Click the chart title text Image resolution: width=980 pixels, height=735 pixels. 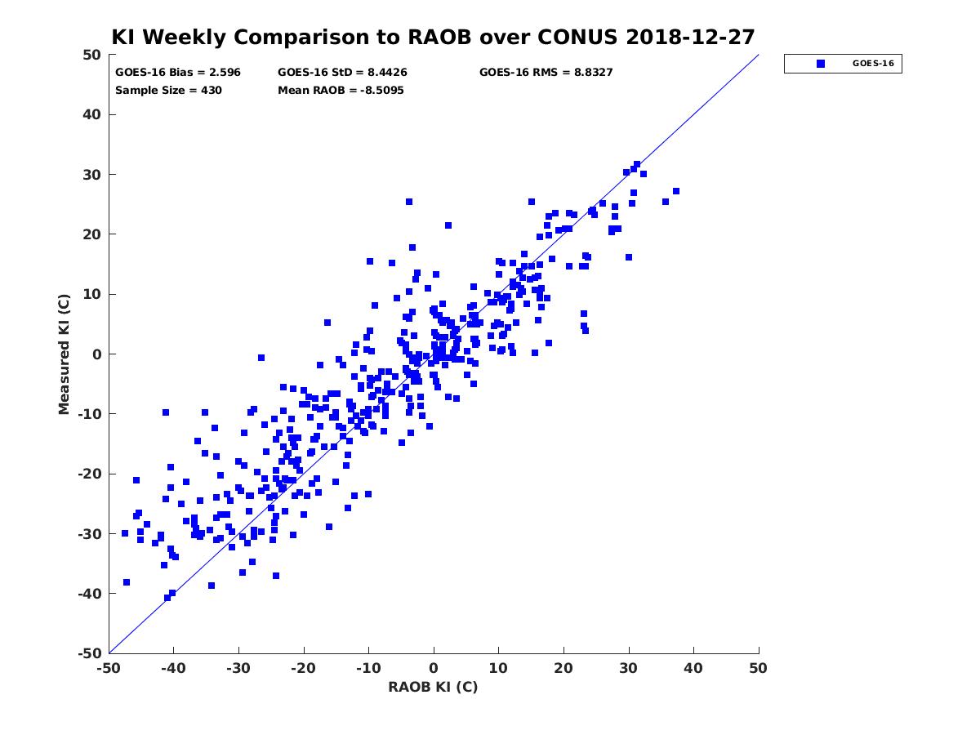(433, 37)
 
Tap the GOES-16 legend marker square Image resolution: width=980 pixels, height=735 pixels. (821, 64)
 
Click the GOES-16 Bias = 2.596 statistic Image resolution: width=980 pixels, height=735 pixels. (178, 73)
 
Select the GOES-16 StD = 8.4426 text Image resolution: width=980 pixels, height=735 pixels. (342, 73)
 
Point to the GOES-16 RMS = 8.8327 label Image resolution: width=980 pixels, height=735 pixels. (546, 73)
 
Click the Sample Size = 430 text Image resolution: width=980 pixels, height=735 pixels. (168, 90)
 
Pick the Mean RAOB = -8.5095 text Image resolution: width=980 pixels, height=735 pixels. (341, 90)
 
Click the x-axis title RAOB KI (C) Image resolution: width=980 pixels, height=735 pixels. (433, 687)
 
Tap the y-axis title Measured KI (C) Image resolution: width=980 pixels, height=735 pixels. (64, 354)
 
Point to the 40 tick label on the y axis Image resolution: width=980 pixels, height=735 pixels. (92, 114)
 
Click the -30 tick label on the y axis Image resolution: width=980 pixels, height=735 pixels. (90, 534)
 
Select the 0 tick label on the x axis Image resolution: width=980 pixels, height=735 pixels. (434, 668)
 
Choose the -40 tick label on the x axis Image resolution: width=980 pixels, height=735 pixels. (173, 668)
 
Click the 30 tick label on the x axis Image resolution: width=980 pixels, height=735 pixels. (629, 668)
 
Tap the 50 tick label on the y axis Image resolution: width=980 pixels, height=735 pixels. (92, 55)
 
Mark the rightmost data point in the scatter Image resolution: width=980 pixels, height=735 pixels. (676, 191)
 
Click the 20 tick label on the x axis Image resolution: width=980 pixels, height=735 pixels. (563, 668)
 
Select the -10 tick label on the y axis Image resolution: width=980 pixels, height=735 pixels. (90, 414)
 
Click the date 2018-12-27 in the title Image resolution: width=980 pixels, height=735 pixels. (690, 37)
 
